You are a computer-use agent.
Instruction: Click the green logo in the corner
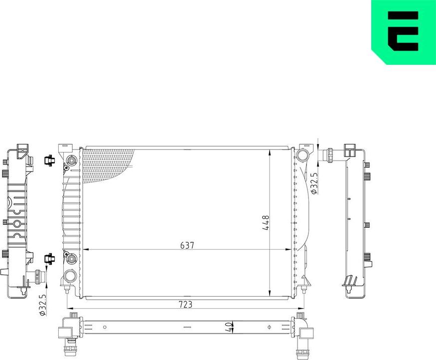coord(404,31)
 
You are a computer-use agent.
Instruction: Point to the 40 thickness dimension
coord(229,327)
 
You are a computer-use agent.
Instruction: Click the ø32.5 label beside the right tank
coord(314,183)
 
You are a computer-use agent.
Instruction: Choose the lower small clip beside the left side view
coord(49,258)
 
